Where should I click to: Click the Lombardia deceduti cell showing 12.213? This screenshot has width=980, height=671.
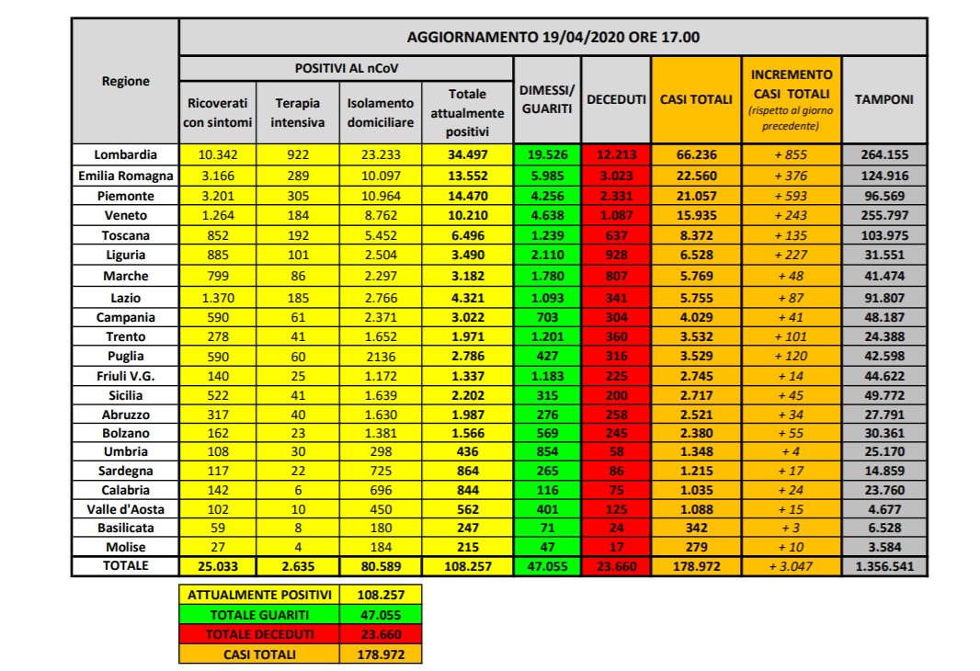[616, 155]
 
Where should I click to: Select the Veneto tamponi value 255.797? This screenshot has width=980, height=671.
[884, 216]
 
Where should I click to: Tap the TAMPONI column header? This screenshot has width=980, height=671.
[884, 99]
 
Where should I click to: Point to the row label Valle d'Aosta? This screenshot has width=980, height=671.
[125, 507]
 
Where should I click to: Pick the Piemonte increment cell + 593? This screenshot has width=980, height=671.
[791, 196]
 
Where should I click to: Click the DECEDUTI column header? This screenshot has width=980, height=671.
[616, 99]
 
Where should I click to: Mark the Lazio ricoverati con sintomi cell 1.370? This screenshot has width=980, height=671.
[218, 297]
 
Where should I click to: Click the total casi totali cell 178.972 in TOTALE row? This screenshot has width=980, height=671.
[696, 566]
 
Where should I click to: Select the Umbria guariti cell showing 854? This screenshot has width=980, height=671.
[548, 451]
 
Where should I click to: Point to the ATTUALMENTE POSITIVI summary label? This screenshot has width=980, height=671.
[258, 595]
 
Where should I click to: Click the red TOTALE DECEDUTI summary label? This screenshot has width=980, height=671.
[258, 634]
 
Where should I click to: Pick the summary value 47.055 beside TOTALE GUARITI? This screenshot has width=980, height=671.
[380, 615]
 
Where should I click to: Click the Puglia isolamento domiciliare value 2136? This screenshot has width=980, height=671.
[380, 356]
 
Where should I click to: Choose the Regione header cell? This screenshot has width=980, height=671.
[125, 81]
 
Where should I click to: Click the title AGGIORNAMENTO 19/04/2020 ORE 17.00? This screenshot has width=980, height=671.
[553, 38]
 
